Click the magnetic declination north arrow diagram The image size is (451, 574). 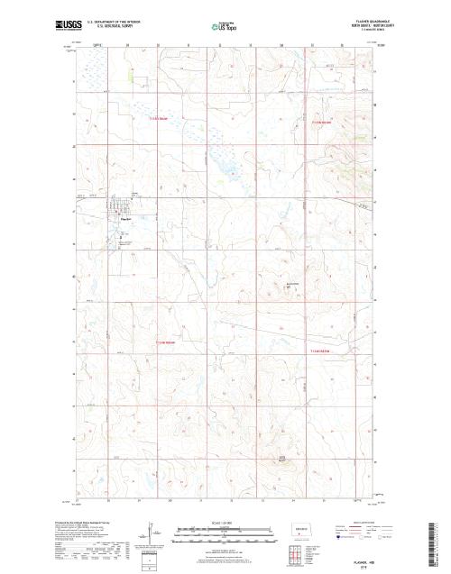pyautogui.click(x=150, y=537)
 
